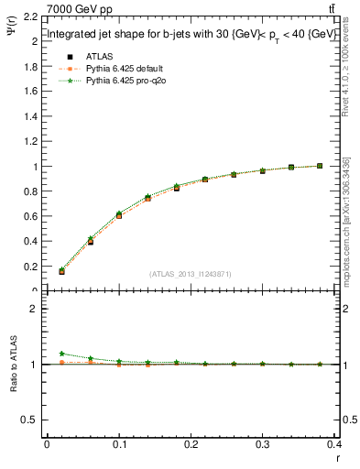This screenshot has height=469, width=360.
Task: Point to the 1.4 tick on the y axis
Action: (x=31, y=117)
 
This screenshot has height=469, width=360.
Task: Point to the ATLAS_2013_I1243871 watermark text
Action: (x=191, y=274)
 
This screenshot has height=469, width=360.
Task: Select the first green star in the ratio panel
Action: (x=62, y=354)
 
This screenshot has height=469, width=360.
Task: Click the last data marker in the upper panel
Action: (x=320, y=166)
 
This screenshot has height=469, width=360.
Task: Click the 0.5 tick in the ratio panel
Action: (x=31, y=420)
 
